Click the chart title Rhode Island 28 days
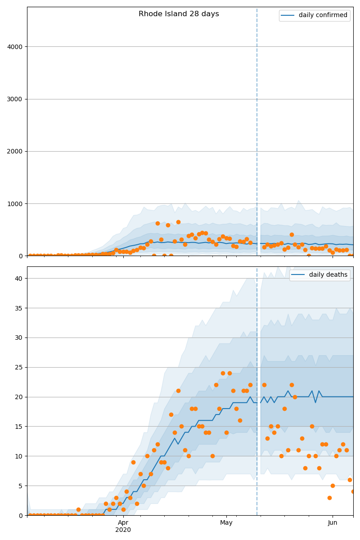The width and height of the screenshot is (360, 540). (x=179, y=14)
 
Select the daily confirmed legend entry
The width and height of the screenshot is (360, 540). (x=323, y=15)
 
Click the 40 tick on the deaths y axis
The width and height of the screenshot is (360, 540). (x=19, y=279)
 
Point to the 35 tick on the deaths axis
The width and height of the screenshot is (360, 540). (x=19, y=308)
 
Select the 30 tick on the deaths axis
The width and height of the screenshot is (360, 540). (x=19, y=338)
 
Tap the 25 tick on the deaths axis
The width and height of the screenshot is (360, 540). (x=19, y=367)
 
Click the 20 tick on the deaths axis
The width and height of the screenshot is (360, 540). (x=19, y=397)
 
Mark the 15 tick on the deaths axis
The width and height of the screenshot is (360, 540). (x=19, y=427)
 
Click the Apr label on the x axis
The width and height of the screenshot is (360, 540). (x=123, y=523)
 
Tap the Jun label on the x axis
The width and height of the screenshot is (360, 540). (x=333, y=523)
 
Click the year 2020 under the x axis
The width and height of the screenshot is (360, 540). (x=123, y=530)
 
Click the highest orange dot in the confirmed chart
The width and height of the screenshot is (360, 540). (x=178, y=222)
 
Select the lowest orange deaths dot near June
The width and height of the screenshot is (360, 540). (x=329, y=498)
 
